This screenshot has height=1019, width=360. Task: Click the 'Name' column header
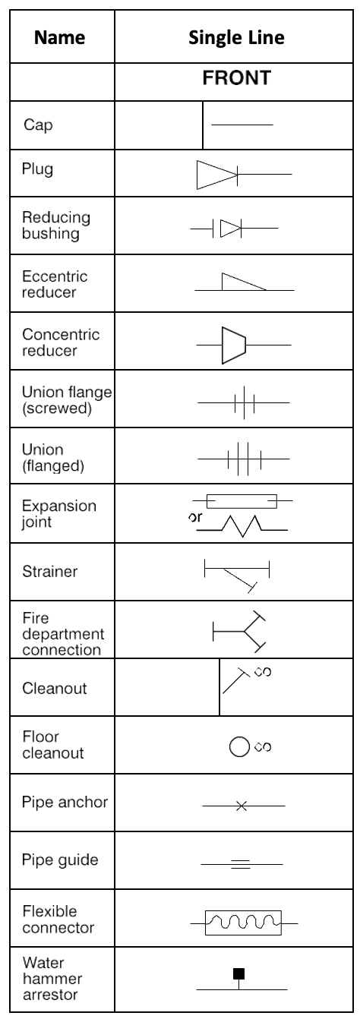[x=60, y=37]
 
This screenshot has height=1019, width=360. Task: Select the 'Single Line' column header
[x=236, y=37]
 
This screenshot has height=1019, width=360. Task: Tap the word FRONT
[x=237, y=77]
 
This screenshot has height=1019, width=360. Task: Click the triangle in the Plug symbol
[x=216, y=174]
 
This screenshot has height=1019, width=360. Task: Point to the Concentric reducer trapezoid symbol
[x=234, y=345]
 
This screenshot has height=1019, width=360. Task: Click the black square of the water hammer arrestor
[x=239, y=973]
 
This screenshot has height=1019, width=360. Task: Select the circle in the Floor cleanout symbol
[x=239, y=746]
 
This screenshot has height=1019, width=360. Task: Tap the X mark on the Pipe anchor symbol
[x=242, y=806]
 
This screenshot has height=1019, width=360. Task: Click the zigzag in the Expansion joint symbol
[x=242, y=526]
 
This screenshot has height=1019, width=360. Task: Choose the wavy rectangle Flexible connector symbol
[x=244, y=923]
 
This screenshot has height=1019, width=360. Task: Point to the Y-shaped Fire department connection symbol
[x=239, y=631]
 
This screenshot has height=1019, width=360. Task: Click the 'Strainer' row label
[x=50, y=571]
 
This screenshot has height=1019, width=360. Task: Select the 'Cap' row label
[x=38, y=125]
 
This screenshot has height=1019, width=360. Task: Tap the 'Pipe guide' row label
[x=60, y=860]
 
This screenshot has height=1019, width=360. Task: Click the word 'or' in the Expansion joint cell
[x=195, y=517]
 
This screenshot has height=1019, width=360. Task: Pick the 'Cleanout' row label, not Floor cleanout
[x=55, y=688]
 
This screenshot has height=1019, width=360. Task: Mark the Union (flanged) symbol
[x=244, y=459]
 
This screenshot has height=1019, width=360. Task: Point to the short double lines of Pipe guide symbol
[x=241, y=864]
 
